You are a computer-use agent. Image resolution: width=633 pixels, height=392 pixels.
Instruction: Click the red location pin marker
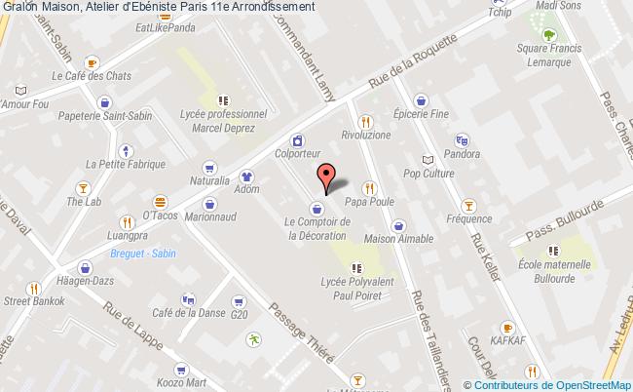click(326, 176)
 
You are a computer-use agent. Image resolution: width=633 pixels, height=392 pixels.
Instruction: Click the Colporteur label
click(297, 154)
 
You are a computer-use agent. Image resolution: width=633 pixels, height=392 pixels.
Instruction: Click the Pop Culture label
click(428, 174)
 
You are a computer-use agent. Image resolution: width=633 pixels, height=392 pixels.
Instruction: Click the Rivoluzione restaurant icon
click(365, 122)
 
